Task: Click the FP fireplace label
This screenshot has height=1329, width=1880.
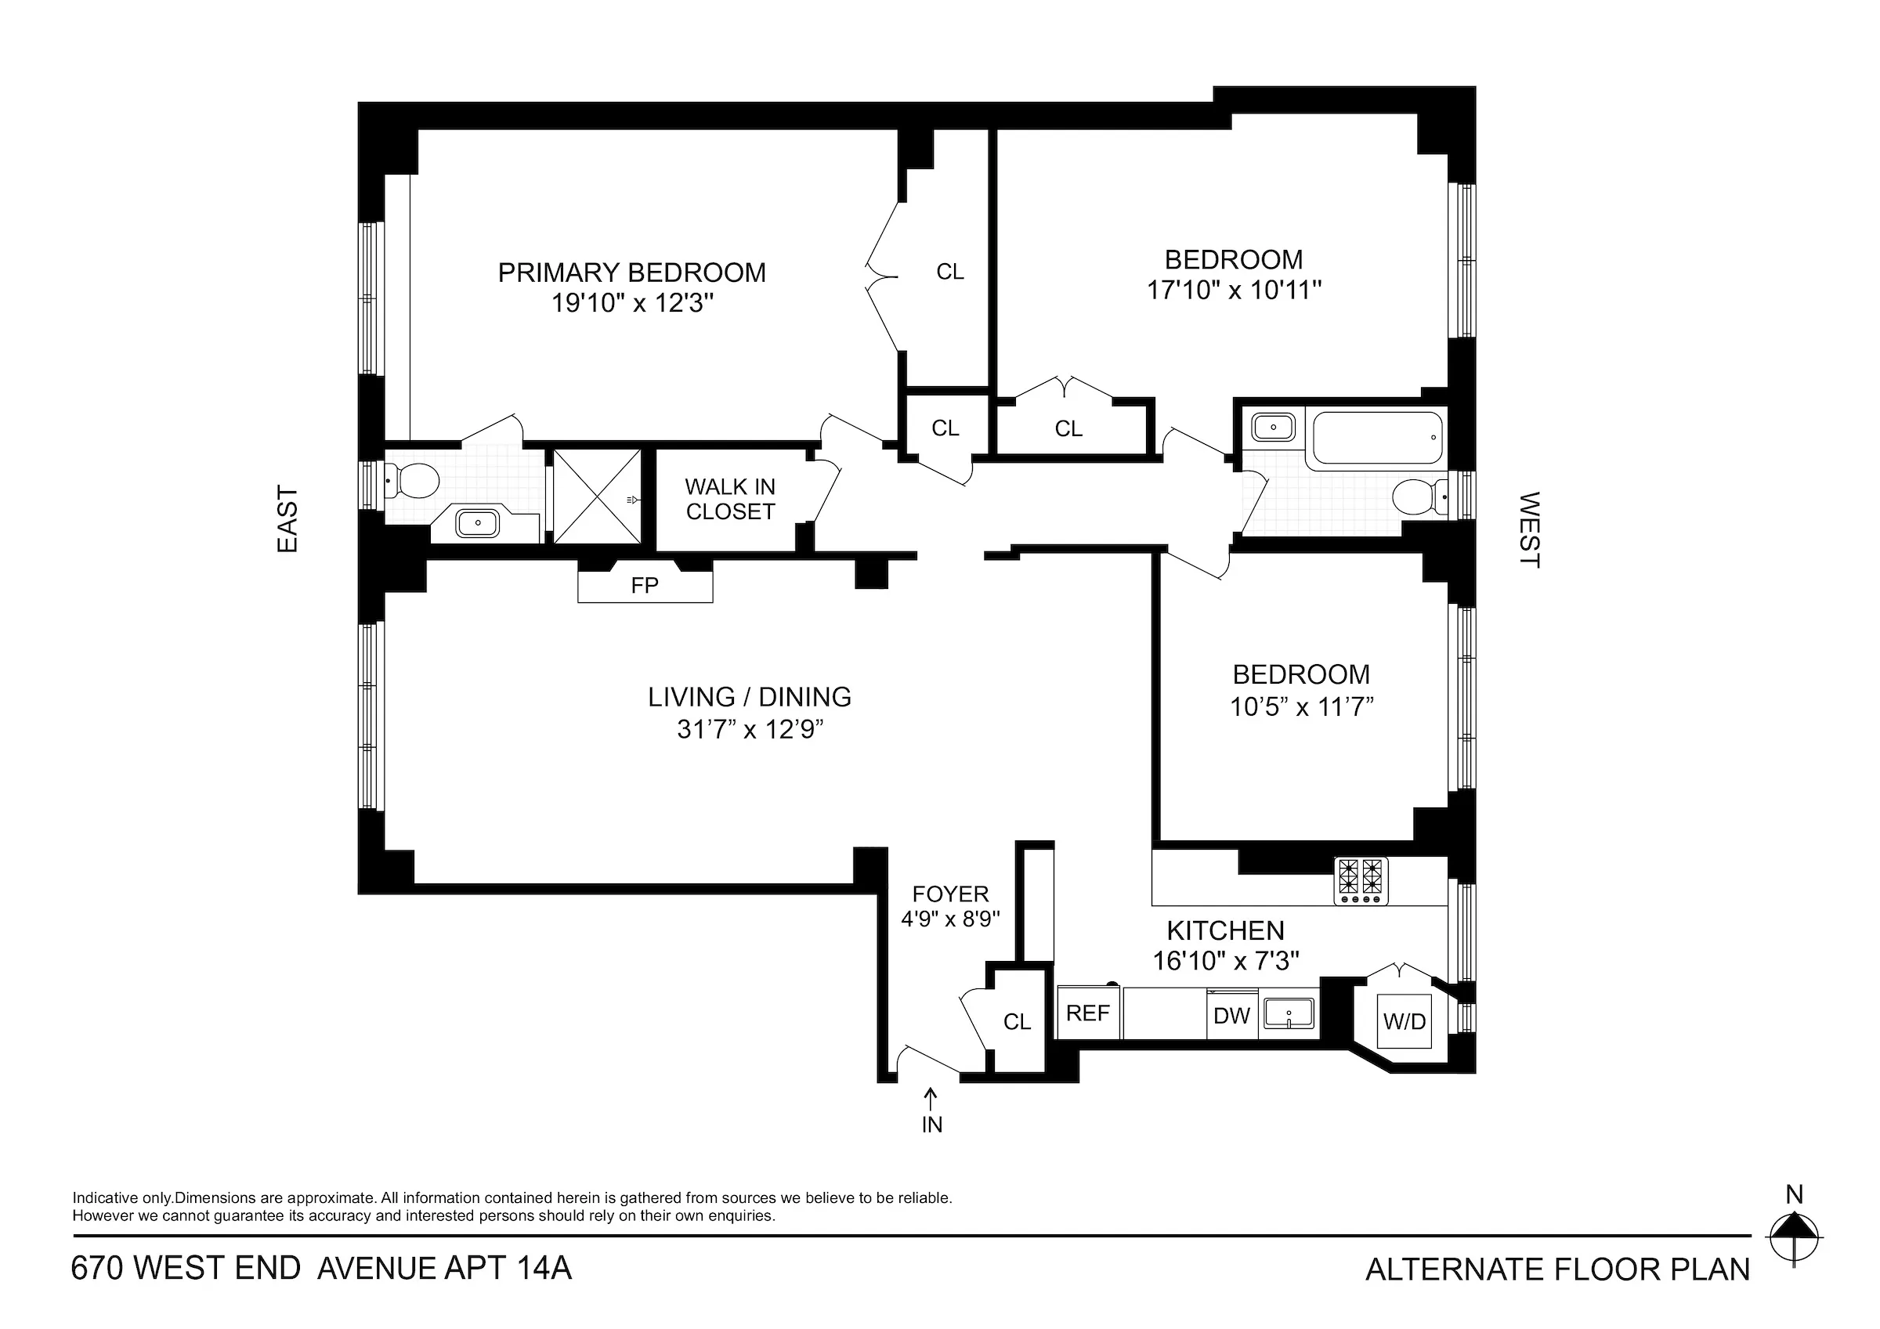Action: click(x=645, y=586)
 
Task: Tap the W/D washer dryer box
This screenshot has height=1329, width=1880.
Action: click(x=1405, y=1021)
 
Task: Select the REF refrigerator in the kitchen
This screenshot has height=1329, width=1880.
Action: click(x=1087, y=1013)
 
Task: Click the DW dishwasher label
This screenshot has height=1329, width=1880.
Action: click(x=1231, y=1017)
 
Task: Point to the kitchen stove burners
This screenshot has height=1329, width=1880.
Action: click(x=1361, y=880)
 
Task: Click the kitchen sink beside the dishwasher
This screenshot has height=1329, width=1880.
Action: click(x=1289, y=1013)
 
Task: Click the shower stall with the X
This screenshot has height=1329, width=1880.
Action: click(x=598, y=496)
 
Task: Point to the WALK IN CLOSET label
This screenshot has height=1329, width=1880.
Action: click(x=729, y=499)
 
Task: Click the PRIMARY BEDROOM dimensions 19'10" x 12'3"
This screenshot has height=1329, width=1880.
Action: click(x=632, y=303)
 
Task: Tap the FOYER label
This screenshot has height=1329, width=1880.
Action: click(x=951, y=894)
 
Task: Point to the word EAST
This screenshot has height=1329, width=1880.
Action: click(x=287, y=519)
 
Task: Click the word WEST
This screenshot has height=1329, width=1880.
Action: click(x=1529, y=529)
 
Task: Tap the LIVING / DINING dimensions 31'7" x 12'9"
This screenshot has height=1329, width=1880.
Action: click(x=749, y=729)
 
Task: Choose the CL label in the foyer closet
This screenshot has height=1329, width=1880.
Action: click(x=1017, y=1021)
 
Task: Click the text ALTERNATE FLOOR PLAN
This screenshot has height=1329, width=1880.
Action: click(x=1557, y=1269)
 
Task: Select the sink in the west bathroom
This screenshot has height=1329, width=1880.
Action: click(x=1273, y=427)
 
